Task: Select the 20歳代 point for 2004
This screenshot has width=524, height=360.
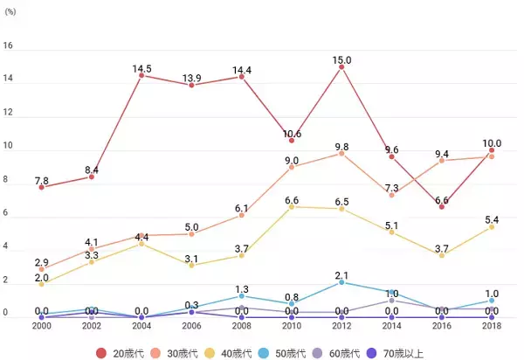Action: (141, 75)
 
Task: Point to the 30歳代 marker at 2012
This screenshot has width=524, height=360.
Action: (341, 153)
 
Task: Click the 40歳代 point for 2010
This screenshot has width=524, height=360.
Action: (292, 206)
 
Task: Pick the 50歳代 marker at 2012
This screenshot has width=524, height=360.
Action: (341, 281)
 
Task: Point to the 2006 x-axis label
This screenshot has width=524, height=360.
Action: (191, 327)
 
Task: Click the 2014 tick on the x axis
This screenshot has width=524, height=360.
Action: (392, 327)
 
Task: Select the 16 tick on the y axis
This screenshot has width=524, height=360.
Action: (8, 46)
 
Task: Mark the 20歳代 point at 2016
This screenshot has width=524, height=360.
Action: (442, 206)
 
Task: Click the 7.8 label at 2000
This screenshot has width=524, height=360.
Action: (42, 180)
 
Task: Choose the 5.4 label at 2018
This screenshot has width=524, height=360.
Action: (492, 218)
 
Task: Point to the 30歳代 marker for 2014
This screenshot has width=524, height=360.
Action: (392, 194)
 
